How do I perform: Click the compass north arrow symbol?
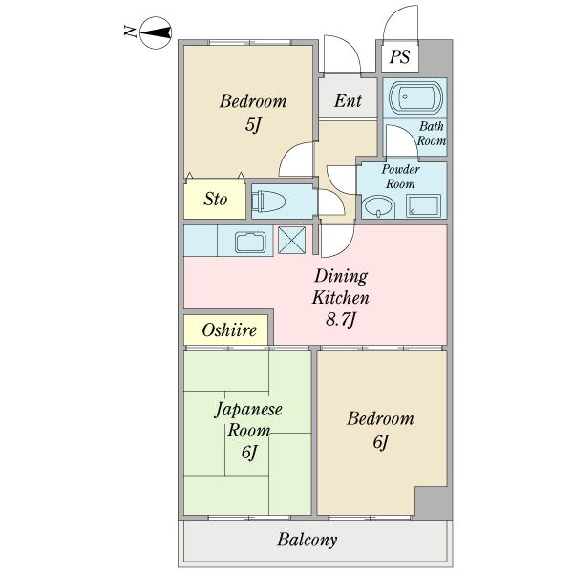click(x=156, y=32)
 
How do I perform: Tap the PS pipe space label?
click(x=399, y=56)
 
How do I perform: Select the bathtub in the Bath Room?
click(x=415, y=97)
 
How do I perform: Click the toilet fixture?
click(x=268, y=201)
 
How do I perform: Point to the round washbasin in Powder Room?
click(x=378, y=207)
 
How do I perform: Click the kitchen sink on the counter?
click(x=250, y=242)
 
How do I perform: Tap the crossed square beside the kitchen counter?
click(x=291, y=240)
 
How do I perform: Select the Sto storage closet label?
click(x=215, y=200)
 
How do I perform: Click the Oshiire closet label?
click(x=229, y=330)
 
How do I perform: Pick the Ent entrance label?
click(x=348, y=100)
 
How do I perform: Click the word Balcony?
click(x=307, y=540)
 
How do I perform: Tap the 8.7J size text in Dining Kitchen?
click(x=341, y=320)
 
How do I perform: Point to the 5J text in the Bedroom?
click(x=253, y=124)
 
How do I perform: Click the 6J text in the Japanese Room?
click(x=249, y=453)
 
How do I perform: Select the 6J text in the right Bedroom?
click(x=380, y=442)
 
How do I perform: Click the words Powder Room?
click(x=400, y=177)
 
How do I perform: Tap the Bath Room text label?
click(x=432, y=134)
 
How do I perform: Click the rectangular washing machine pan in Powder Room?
click(x=423, y=206)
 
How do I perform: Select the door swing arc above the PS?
click(x=399, y=17)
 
